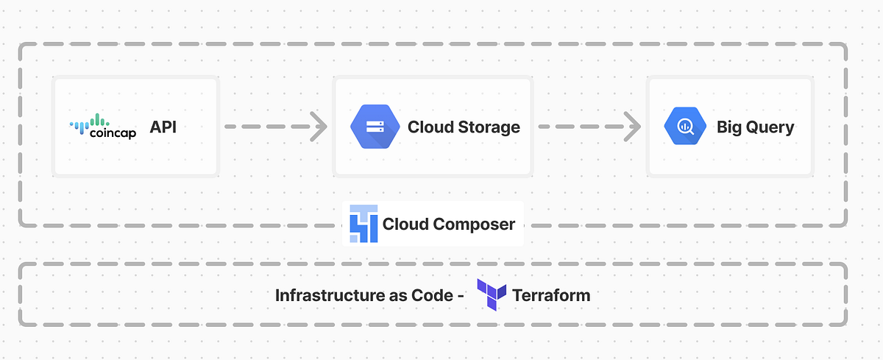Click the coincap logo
tap(102, 127)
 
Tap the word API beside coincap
tap(163, 127)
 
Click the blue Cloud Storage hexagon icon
tap(375, 127)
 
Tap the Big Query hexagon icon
tap(684, 127)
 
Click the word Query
tap(770, 127)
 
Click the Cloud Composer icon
tap(364, 224)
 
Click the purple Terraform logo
tap(492, 294)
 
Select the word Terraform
tap(550, 295)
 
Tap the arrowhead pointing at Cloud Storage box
tap(319, 127)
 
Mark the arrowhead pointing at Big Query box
tap(632, 127)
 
